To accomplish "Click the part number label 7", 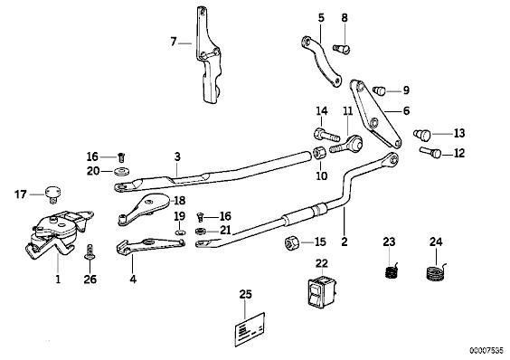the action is tap(174, 42).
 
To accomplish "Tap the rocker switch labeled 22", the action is tap(322, 291).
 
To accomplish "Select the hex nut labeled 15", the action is tap(291, 242).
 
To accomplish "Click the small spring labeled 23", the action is tap(392, 270).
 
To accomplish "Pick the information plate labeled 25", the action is tap(250, 329).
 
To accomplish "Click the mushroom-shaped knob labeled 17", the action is tap(52, 194).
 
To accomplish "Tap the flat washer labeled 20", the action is tap(122, 171).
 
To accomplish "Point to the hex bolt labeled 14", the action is tap(326, 135).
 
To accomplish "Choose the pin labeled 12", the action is tap(430, 152).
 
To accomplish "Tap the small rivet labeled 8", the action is tap(342, 49).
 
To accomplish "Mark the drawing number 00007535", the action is tap(486, 351).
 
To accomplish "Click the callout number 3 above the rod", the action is tap(177, 156).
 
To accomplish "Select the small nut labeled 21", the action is tap(201, 231).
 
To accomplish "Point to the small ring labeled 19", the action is tap(179, 232).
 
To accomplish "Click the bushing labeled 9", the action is tap(379, 90).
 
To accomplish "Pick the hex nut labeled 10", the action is tap(318, 153).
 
